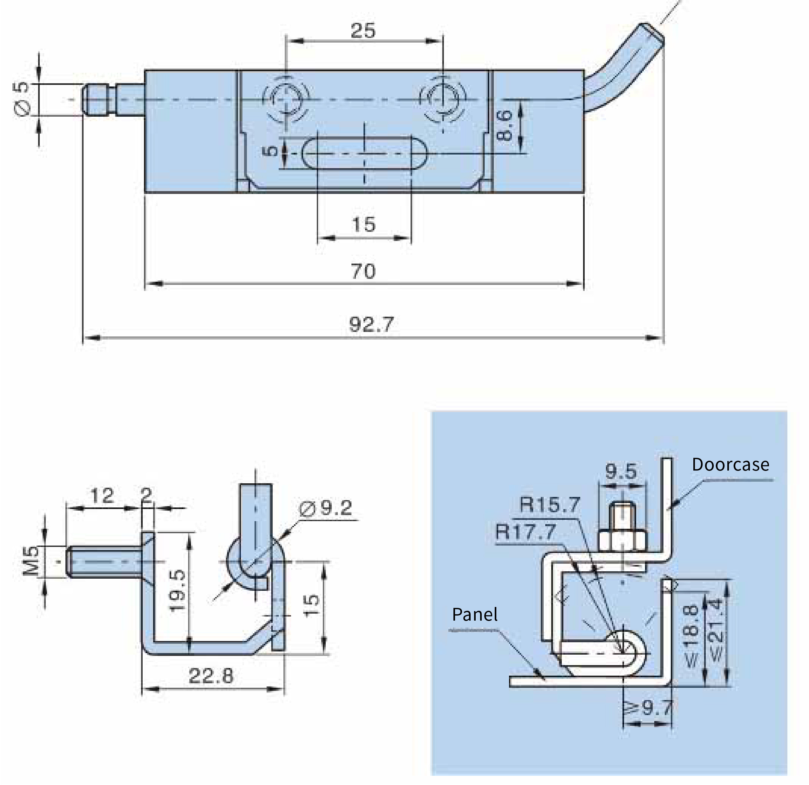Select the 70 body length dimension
(x=363, y=271)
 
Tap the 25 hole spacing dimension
(x=363, y=31)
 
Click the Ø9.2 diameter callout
(x=326, y=508)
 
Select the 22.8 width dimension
(x=211, y=676)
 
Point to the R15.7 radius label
(x=550, y=505)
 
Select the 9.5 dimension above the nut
(x=621, y=471)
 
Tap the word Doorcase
(x=731, y=465)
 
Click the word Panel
(x=475, y=615)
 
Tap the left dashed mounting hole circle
(x=286, y=99)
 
